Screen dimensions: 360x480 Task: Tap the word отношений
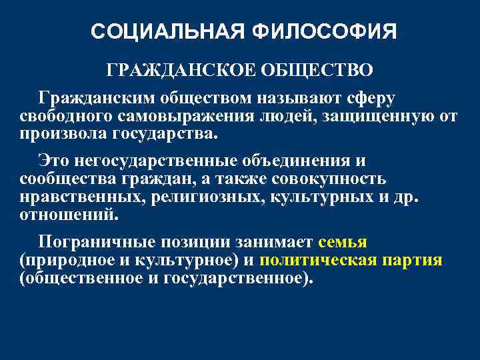click(69, 215)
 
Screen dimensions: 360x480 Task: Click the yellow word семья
click(343, 243)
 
